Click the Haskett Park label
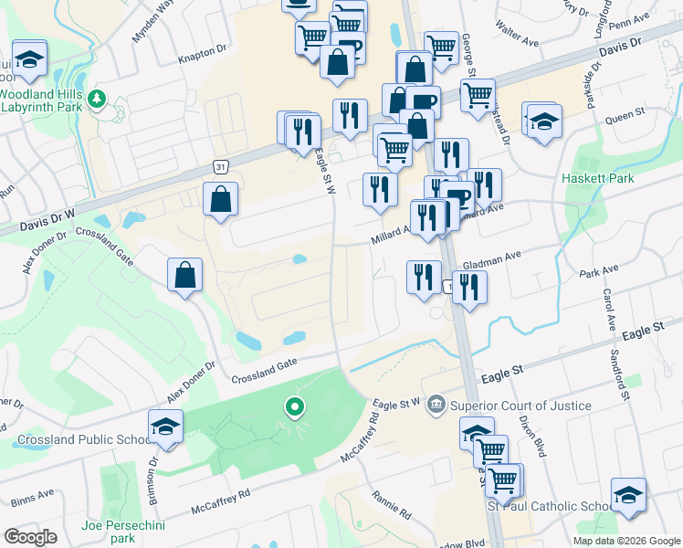coord(598,178)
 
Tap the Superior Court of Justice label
coord(520,406)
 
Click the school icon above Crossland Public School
coord(166,427)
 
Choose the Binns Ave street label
coord(34,501)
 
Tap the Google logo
coord(31,537)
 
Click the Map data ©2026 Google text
coord(626,541)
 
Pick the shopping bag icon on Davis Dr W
coord(221,200)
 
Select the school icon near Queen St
coord(543,121)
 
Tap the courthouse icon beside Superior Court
coord(436,403)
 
